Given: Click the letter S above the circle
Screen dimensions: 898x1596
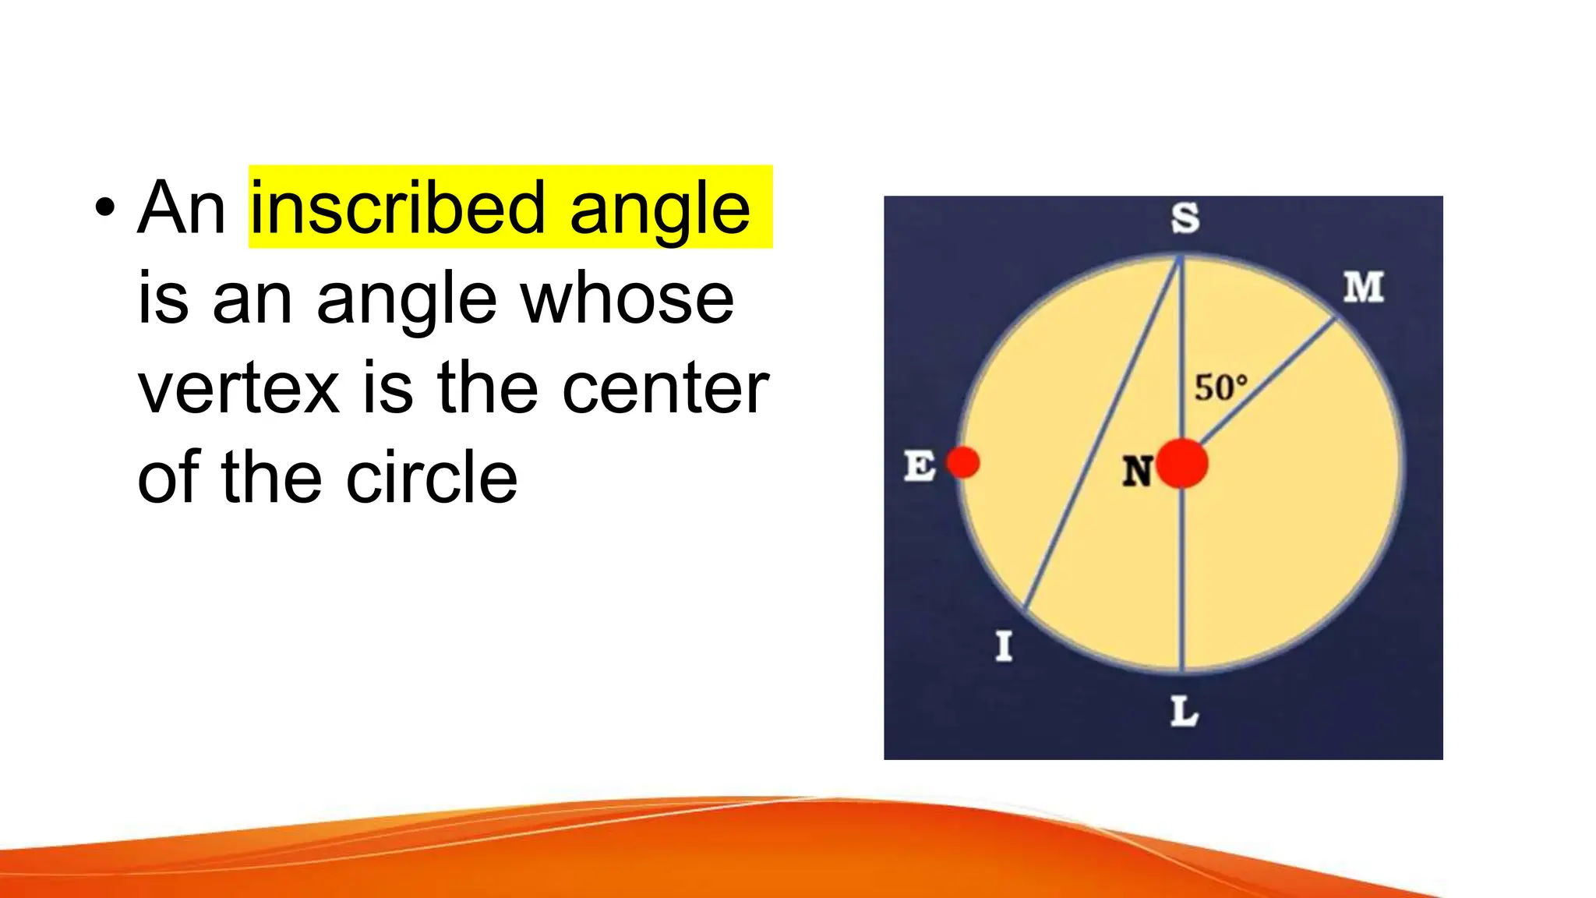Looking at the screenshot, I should (x=1185, y=218).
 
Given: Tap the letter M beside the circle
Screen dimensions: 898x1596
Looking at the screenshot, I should (x=1363, y=288).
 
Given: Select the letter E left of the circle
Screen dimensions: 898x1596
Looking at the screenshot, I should (x=920, y=466).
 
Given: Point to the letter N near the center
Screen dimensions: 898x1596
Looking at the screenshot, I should (x=1137, y=471).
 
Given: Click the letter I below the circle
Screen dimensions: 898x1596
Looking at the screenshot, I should (x=1004, y=646).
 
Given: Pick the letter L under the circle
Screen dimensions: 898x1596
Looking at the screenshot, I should (x=1184, y=712).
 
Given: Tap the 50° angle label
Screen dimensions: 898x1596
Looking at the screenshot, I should (x=1220, y=387).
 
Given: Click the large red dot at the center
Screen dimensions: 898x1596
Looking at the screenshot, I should (x=1182, y=463).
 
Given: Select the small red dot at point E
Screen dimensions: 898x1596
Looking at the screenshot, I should (x=963, y=462).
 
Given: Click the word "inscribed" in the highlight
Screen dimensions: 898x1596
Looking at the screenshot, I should (x=397, y=208).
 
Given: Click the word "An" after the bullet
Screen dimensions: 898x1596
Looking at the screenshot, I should (x=182, y=208).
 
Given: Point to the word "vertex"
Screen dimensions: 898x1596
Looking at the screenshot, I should (x=238, y=388).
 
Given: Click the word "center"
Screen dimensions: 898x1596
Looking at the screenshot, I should (x=665, y=388).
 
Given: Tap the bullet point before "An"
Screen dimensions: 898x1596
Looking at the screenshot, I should (x=104, y=209).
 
